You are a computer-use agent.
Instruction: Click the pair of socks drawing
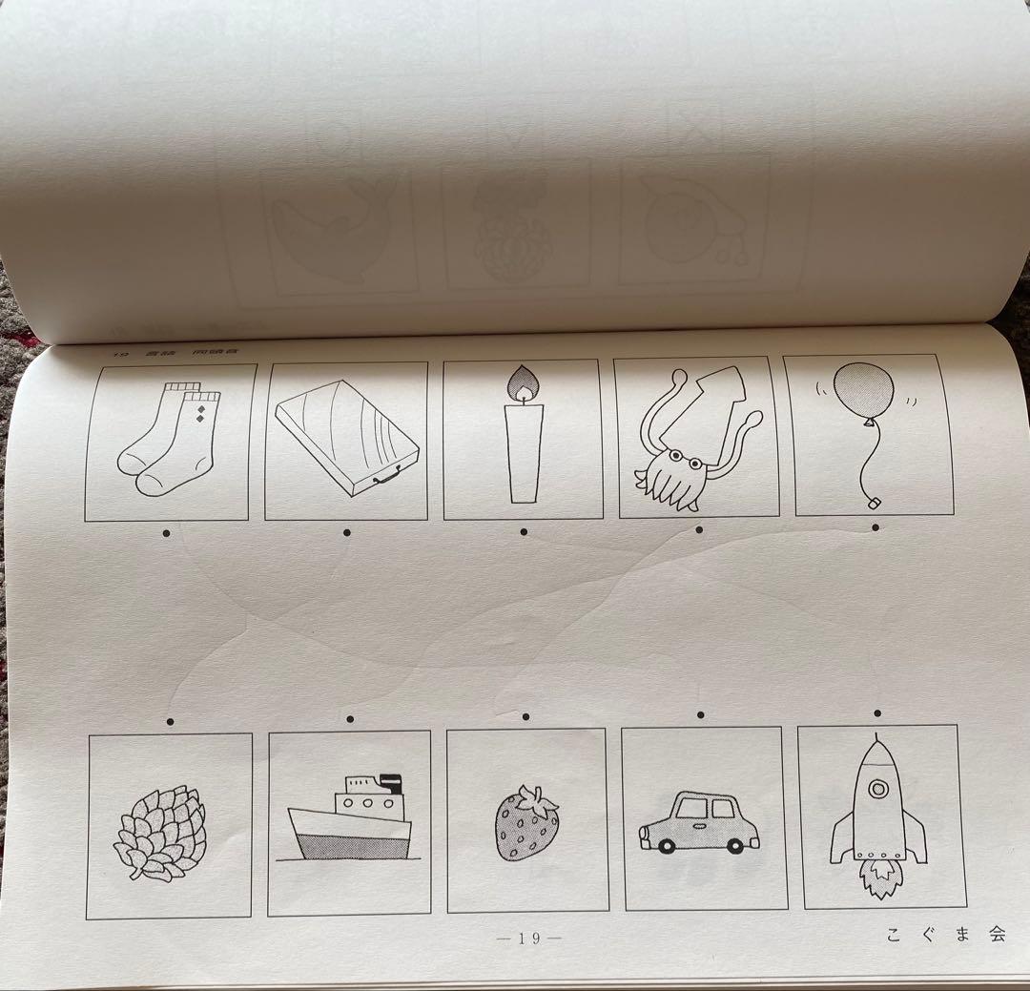click(x=169, y=441)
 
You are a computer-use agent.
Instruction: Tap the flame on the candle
click(x=524, y=383)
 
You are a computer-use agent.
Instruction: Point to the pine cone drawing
click(x=159, y=833)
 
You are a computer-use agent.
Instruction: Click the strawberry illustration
click(x=525, y=822)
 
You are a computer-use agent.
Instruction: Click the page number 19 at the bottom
click(x=530, y=939)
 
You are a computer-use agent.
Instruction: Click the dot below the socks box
click(x=167, y=534)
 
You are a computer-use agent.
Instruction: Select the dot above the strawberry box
click(x=525, y=715)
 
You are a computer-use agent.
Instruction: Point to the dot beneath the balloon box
click(x=875, y=526)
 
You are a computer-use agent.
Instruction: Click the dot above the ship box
click(x=350, y=718)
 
